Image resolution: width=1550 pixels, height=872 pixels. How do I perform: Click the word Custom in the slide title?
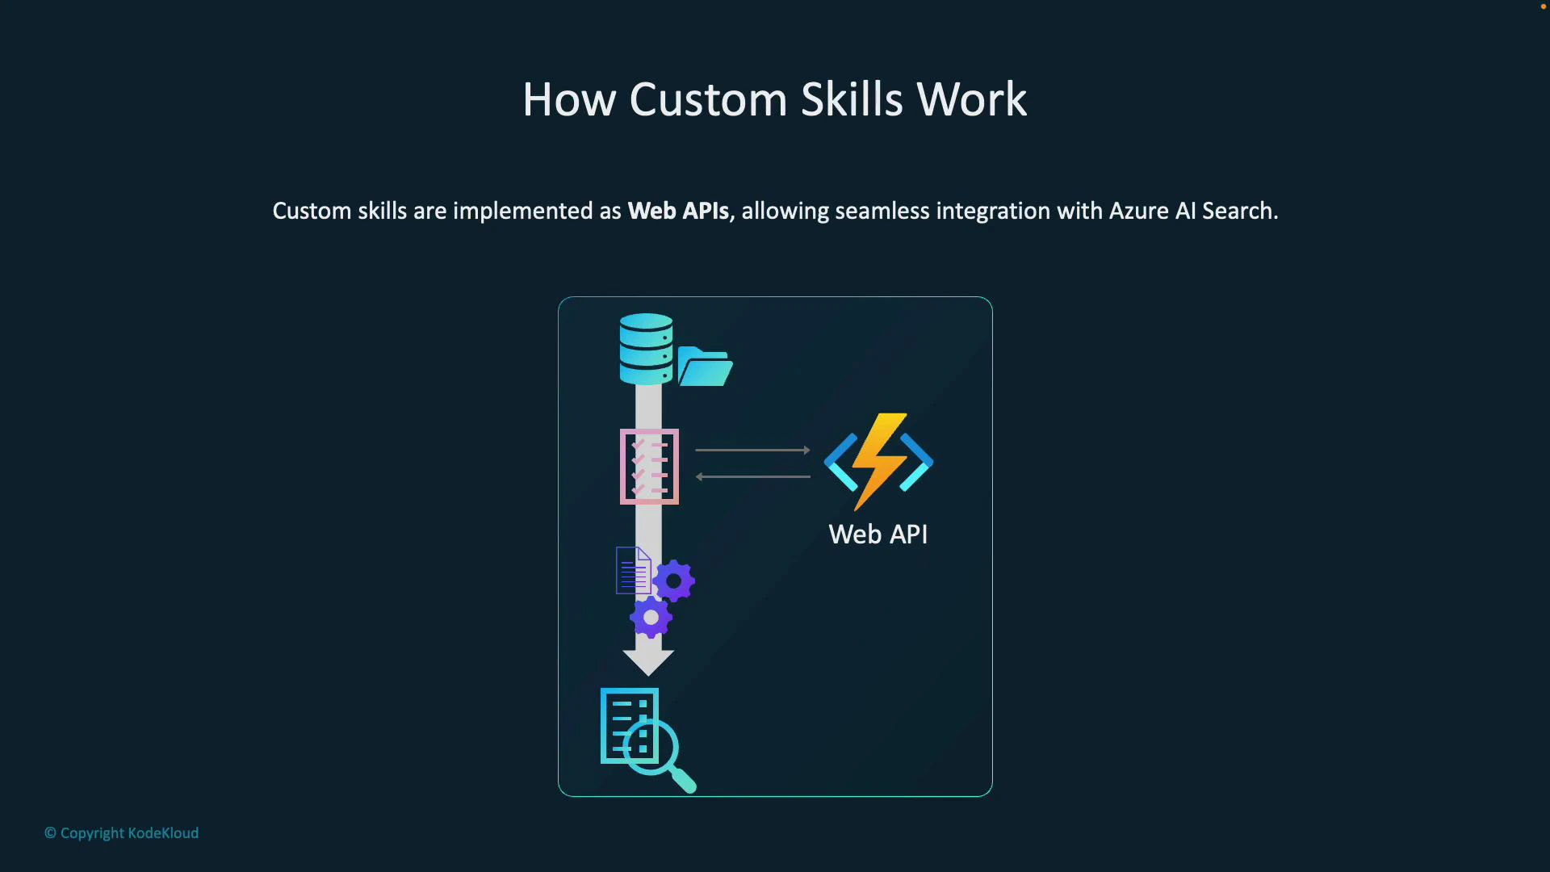708,100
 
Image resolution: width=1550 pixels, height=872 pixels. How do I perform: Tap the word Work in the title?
971,100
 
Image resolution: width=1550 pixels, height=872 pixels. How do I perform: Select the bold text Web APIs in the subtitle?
678,211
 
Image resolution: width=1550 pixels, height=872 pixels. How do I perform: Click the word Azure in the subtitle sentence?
1138,211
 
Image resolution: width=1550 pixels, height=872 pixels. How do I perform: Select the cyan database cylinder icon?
646,349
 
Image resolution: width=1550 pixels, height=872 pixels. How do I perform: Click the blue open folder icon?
705,367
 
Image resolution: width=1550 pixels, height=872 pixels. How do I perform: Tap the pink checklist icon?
649,467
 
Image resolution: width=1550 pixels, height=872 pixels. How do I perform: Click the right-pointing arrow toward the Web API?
752,450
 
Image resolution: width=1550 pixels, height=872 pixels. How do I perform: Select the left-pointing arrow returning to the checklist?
752,476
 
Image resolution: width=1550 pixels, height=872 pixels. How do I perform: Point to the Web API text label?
878,535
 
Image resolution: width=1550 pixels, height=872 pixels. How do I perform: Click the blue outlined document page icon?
633,570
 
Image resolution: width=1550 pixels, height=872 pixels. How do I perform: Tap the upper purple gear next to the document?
674,581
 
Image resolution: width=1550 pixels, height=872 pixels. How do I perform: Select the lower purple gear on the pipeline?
651,618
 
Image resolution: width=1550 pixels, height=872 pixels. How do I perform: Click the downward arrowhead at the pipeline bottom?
648,662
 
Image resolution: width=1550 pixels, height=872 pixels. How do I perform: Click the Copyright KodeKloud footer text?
122,833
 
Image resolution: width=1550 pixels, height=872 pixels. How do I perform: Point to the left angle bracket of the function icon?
840,462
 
